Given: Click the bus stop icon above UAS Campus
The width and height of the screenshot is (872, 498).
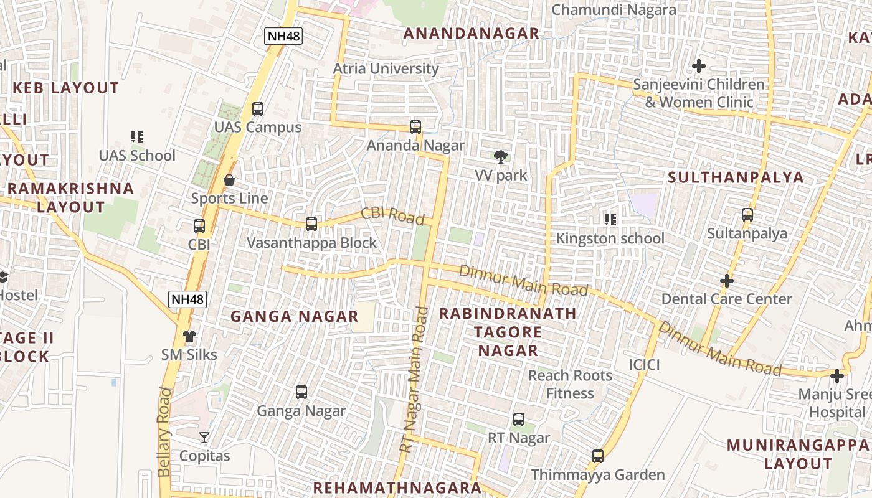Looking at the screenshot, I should pyautogui.click(x=257, y=109).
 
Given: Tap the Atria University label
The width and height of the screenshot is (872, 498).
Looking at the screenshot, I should pyautogui.click(x=386, y=68).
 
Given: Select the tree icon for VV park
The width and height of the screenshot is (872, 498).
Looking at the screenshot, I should pyautogui.click(x=500, y=157).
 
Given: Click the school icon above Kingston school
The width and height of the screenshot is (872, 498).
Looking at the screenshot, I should pyautogui.click(x=610, y=219).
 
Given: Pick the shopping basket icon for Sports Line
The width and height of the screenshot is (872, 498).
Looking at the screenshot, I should pyautogui.click(x=229, y=180).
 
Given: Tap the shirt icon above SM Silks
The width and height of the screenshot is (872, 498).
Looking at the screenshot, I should pyautogui.click(x=189, y=336).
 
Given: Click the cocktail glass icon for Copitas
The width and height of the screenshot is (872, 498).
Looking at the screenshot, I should pyautogui.click(x=204, y=438).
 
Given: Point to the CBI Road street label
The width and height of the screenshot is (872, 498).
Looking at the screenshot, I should pyautogui.click(x=392, y=215).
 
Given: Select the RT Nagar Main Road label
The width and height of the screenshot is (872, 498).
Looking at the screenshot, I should pyautogui.click(x=414, y=380).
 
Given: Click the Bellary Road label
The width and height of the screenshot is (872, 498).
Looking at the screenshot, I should pyautogui.click(x=164, y=431).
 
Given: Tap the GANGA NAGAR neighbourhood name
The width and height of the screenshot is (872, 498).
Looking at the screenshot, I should pyautogui.click(x=294, y=317).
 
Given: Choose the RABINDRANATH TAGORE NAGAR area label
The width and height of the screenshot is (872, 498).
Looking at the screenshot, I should pyautogui.click(x=508, y=332).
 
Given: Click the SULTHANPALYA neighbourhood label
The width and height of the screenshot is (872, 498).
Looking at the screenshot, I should pyautogui.click(x=736, y=177).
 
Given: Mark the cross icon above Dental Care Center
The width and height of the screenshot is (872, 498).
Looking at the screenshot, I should pyautogui.click(x=726, y=281).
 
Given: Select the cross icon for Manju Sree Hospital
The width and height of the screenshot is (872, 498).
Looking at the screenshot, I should pyautogui.click(x=836, y=376).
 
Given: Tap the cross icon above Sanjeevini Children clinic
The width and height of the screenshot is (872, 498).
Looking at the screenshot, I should pyautogui.click(x=699, y=66).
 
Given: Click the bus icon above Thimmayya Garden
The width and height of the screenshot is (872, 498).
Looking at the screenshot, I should pyautogui.click(x=598, y=456).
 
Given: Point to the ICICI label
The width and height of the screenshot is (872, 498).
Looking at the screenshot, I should pyautogui.click(x=644, y=364).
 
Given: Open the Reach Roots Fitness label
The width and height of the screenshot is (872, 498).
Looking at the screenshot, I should pyautogui.click(x=570, y=384).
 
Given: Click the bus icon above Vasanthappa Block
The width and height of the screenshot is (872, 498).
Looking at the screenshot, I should pyautogui.click(x=311, y=224).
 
